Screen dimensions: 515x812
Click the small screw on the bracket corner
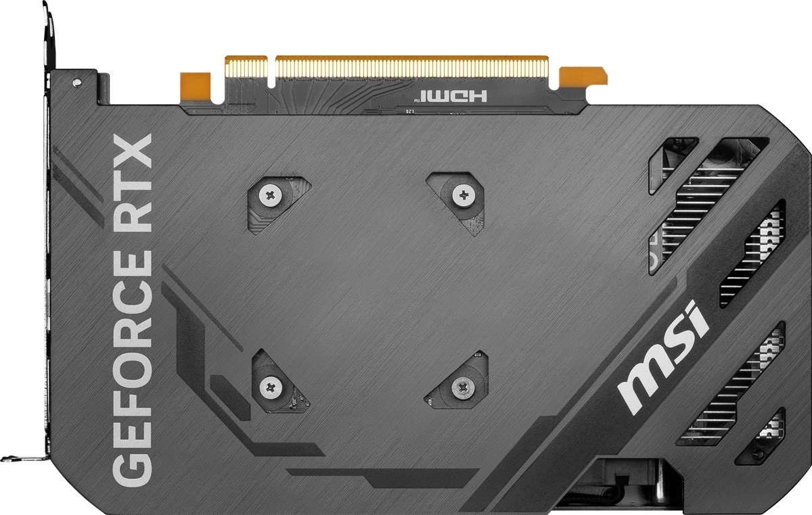(x=77, y=82)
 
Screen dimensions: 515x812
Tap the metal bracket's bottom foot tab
(x=20, y=451)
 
